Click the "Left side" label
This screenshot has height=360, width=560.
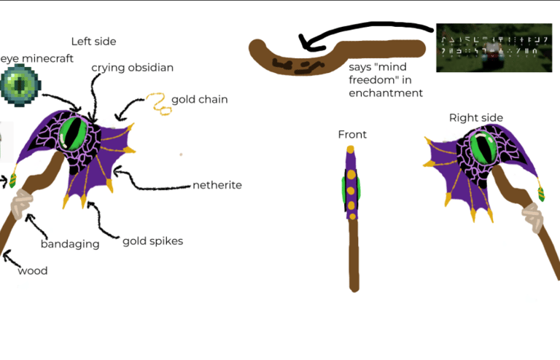point(93,42)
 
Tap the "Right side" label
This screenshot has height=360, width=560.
point(475,117)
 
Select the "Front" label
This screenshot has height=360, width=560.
point(352,135)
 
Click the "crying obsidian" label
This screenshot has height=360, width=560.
point(132,68)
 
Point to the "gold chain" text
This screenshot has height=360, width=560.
point(199,99)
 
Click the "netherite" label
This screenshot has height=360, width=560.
point(217,185)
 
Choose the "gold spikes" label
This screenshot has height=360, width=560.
point(152,240)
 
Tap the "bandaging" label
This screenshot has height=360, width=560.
point(70,244)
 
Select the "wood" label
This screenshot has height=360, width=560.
point(32,271)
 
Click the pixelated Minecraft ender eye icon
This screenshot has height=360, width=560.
point(20,83)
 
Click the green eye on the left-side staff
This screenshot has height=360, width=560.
point(75,133)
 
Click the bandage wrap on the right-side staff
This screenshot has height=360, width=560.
point(530,216)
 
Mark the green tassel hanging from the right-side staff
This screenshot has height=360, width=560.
point(541,194)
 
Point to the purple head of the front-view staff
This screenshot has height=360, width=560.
point(351,186)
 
